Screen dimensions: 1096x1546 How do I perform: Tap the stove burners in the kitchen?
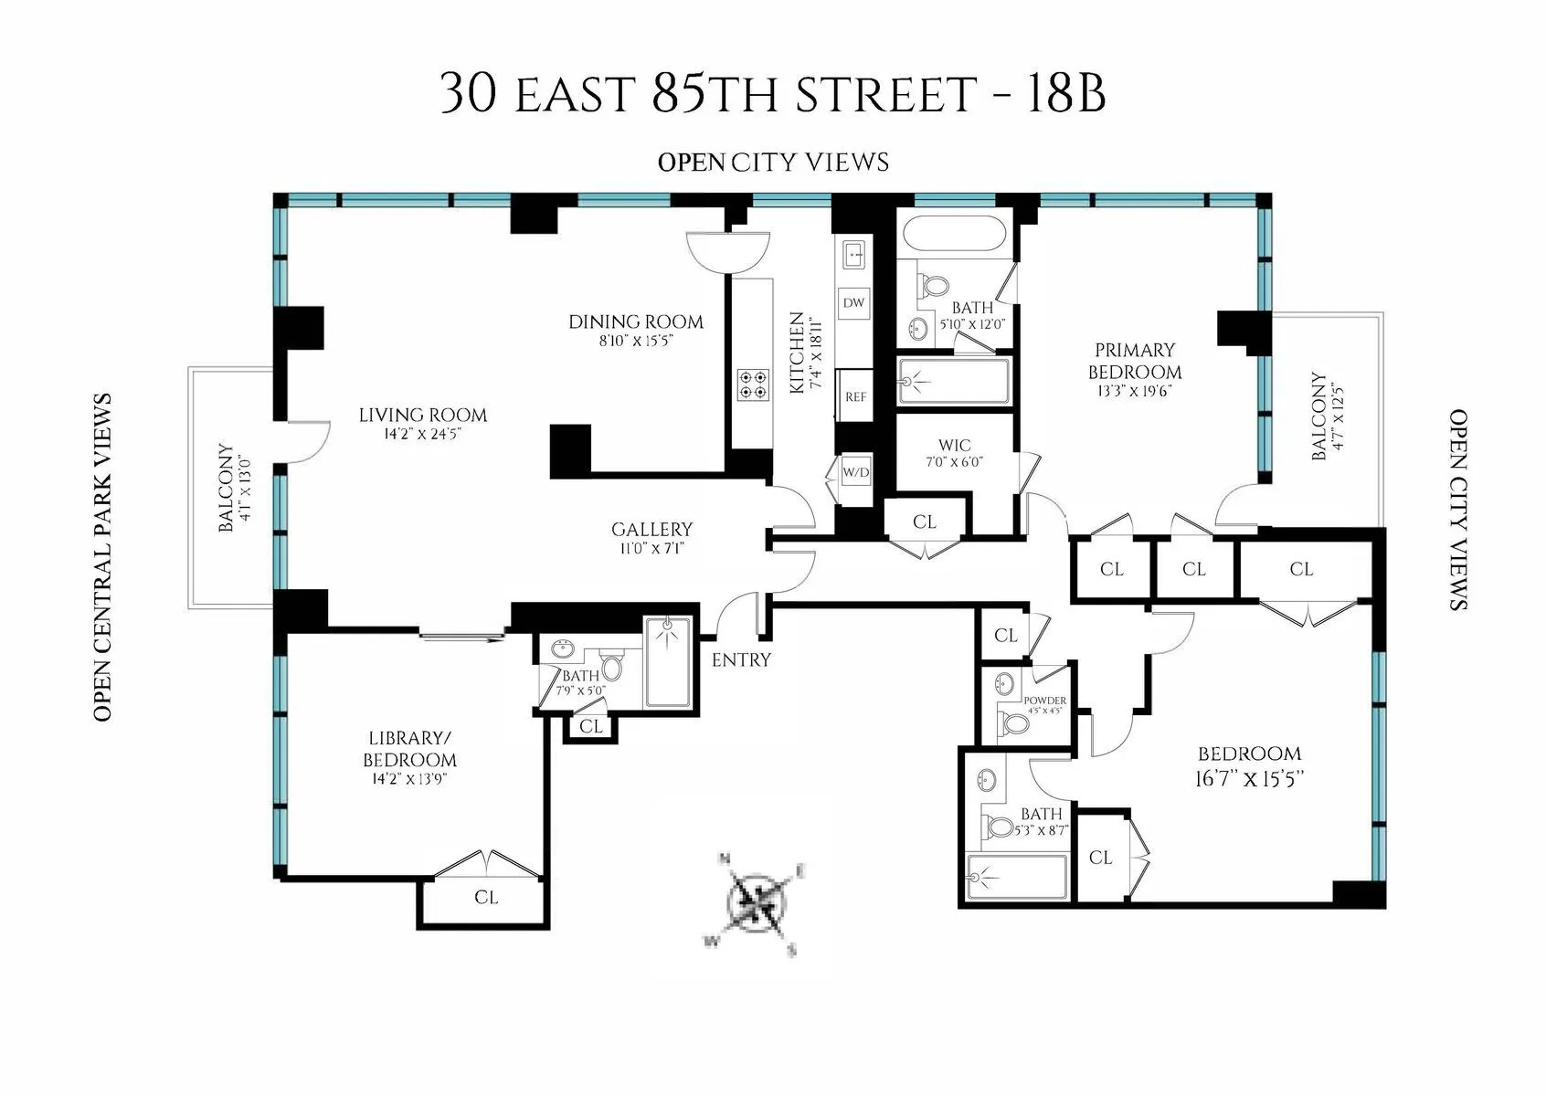coord(753,384)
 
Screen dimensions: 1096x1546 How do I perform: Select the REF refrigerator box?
coord(856,397)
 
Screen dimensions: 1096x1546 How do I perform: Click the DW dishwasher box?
coord(854,302)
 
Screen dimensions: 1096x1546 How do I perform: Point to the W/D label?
coord(856,473)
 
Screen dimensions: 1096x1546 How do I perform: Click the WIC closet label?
coord(955,446)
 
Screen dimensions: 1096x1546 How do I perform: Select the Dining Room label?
coord(636,321)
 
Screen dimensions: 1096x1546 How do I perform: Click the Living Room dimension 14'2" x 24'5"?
coord(422,434)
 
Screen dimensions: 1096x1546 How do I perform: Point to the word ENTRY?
coord(741,659)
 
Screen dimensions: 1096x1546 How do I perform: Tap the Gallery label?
coord(651,530)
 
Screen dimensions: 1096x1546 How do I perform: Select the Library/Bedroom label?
coord(409,749)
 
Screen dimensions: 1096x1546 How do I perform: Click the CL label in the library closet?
coord(486,898)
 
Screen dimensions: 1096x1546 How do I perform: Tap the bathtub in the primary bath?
coord(954,234)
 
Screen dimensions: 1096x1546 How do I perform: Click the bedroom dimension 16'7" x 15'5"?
coord(1249,780)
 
